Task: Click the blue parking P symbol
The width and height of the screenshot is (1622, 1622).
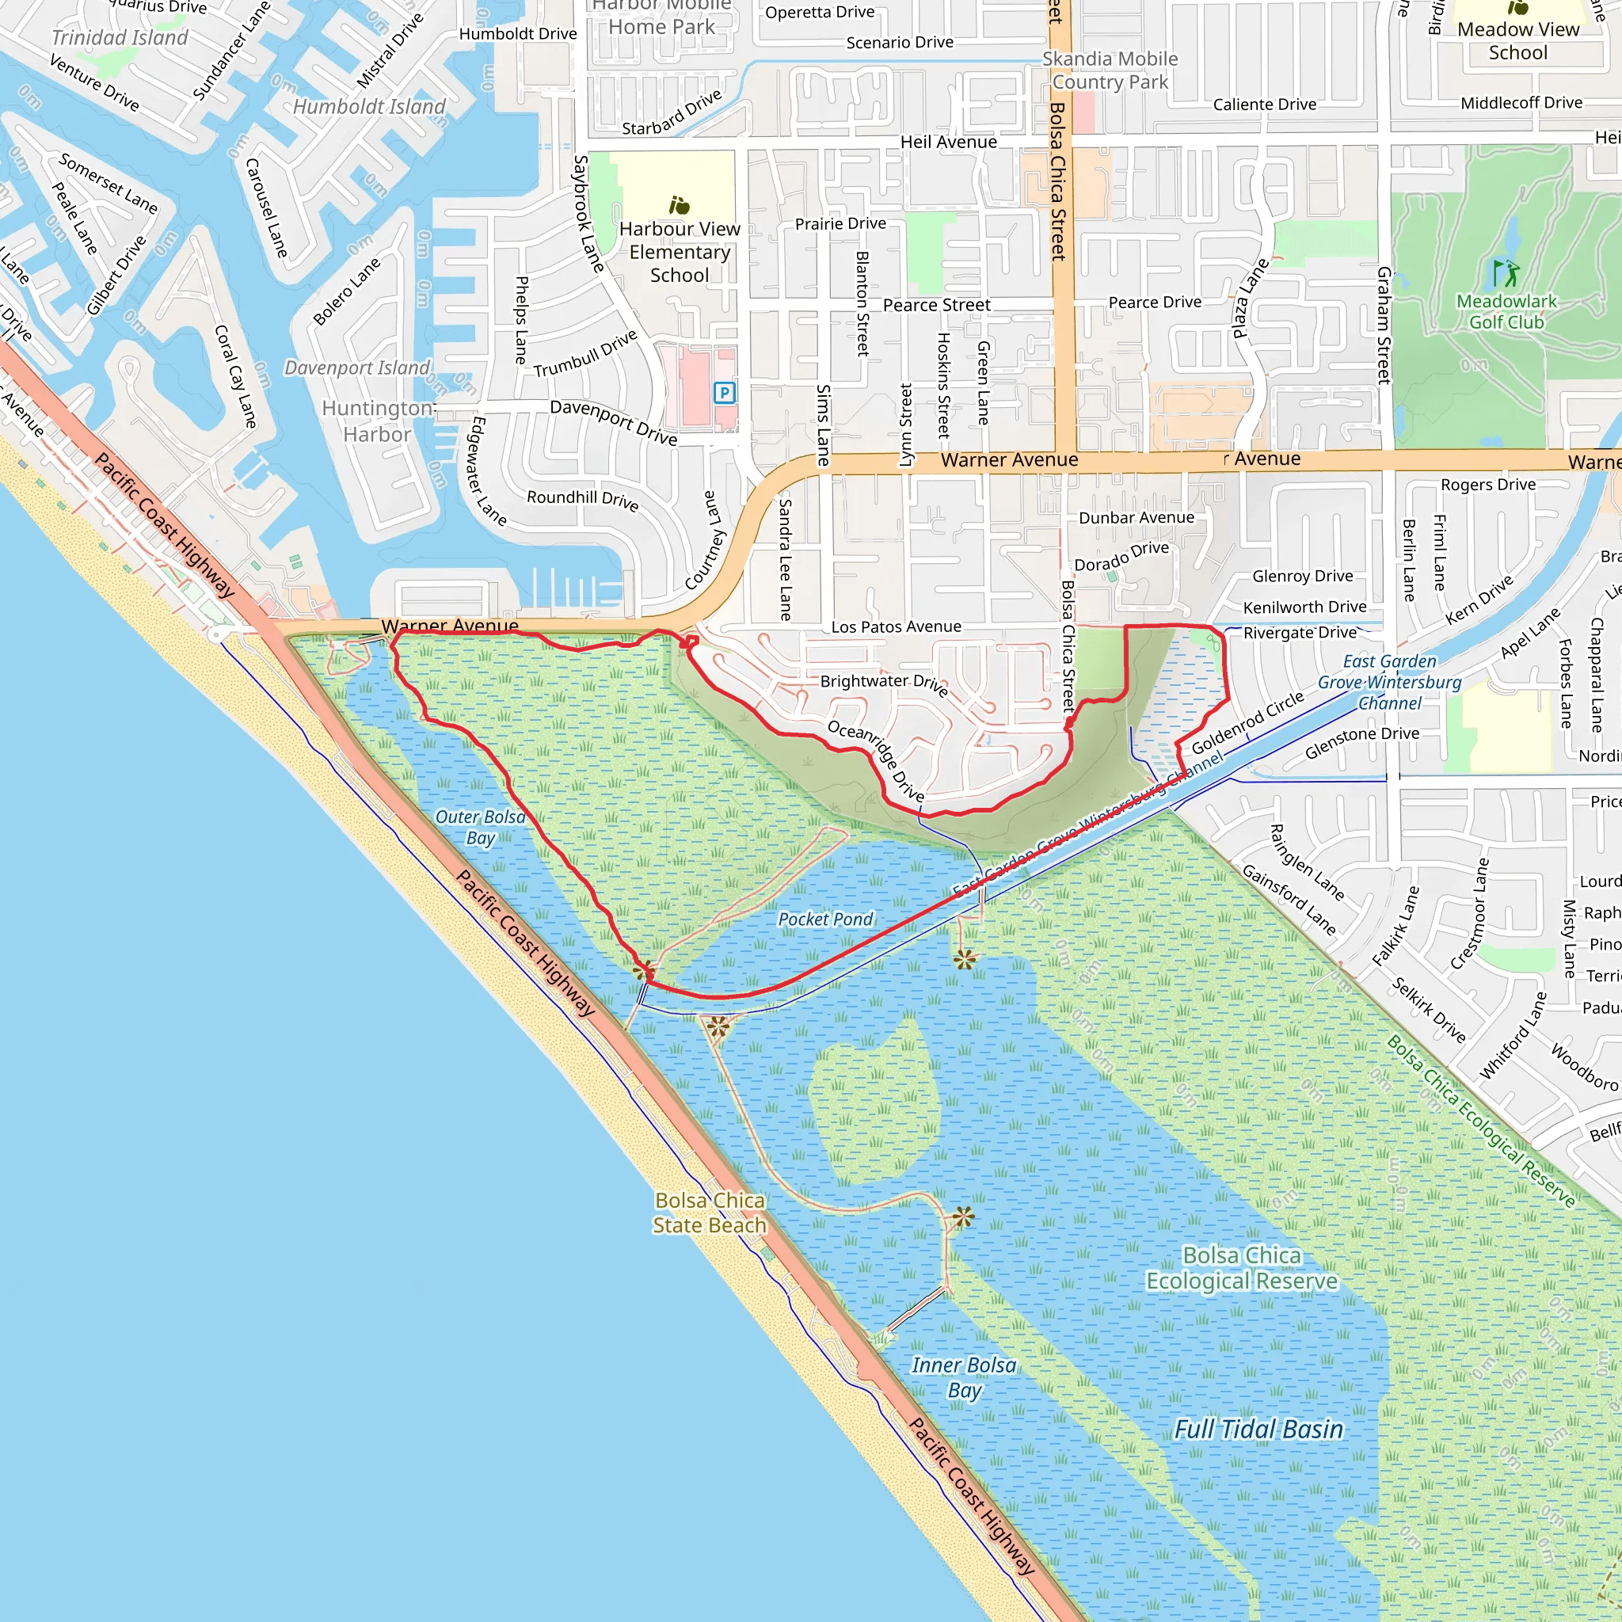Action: pyautogui.click(x=724, y=392)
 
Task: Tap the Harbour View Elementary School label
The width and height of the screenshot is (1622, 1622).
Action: pyautogui.click(x=680, y=252)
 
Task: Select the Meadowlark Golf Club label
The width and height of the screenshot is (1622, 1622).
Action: pyautogui.click(x=1506, y=311)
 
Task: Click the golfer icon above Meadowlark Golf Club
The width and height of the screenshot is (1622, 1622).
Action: pyautogui.click(x=1506, y=273)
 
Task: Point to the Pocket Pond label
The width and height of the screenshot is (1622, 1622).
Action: pyautogui.click(x=825, y=920)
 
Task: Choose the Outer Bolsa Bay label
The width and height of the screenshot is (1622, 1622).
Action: pyautogui.click(x=480, y=827)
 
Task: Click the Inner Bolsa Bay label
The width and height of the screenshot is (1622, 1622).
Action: pyautogui.click(x=964, y=1378)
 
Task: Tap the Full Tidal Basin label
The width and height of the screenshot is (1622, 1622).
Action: pyautogui.click(x=1258, y=1429)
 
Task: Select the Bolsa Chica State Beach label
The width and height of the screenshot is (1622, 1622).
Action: pyautogui.click(x=710, y=1213)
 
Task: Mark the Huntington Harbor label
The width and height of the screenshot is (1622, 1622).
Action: pyautogui.click(x=378, y=421)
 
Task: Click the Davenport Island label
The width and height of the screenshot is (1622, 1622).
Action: pyautogui.click(x=357, y=367)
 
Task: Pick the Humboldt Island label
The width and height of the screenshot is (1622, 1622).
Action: pyautogui.click(x=368, y=107)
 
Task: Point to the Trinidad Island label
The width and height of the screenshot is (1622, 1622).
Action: pyautogui.click(x=120, y=38)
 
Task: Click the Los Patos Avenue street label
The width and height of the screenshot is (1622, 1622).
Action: pyautogui.click(x=896, y=627)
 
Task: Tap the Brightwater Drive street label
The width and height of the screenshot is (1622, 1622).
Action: pyautogui.click(x=884, y=683)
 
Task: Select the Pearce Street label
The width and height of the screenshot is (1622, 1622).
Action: pyautogui.click(x=936, y=306)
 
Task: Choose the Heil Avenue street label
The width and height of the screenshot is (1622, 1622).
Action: pyautogui.click(x=949, y=142)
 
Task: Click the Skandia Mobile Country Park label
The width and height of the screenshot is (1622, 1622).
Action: pyautogui.click(x=1110, y=70)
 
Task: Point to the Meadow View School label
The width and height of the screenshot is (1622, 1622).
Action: pyautogui.click(x=1518, y=41)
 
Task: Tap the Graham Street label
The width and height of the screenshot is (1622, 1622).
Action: pyautogui.click(x=1384, y=326)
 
